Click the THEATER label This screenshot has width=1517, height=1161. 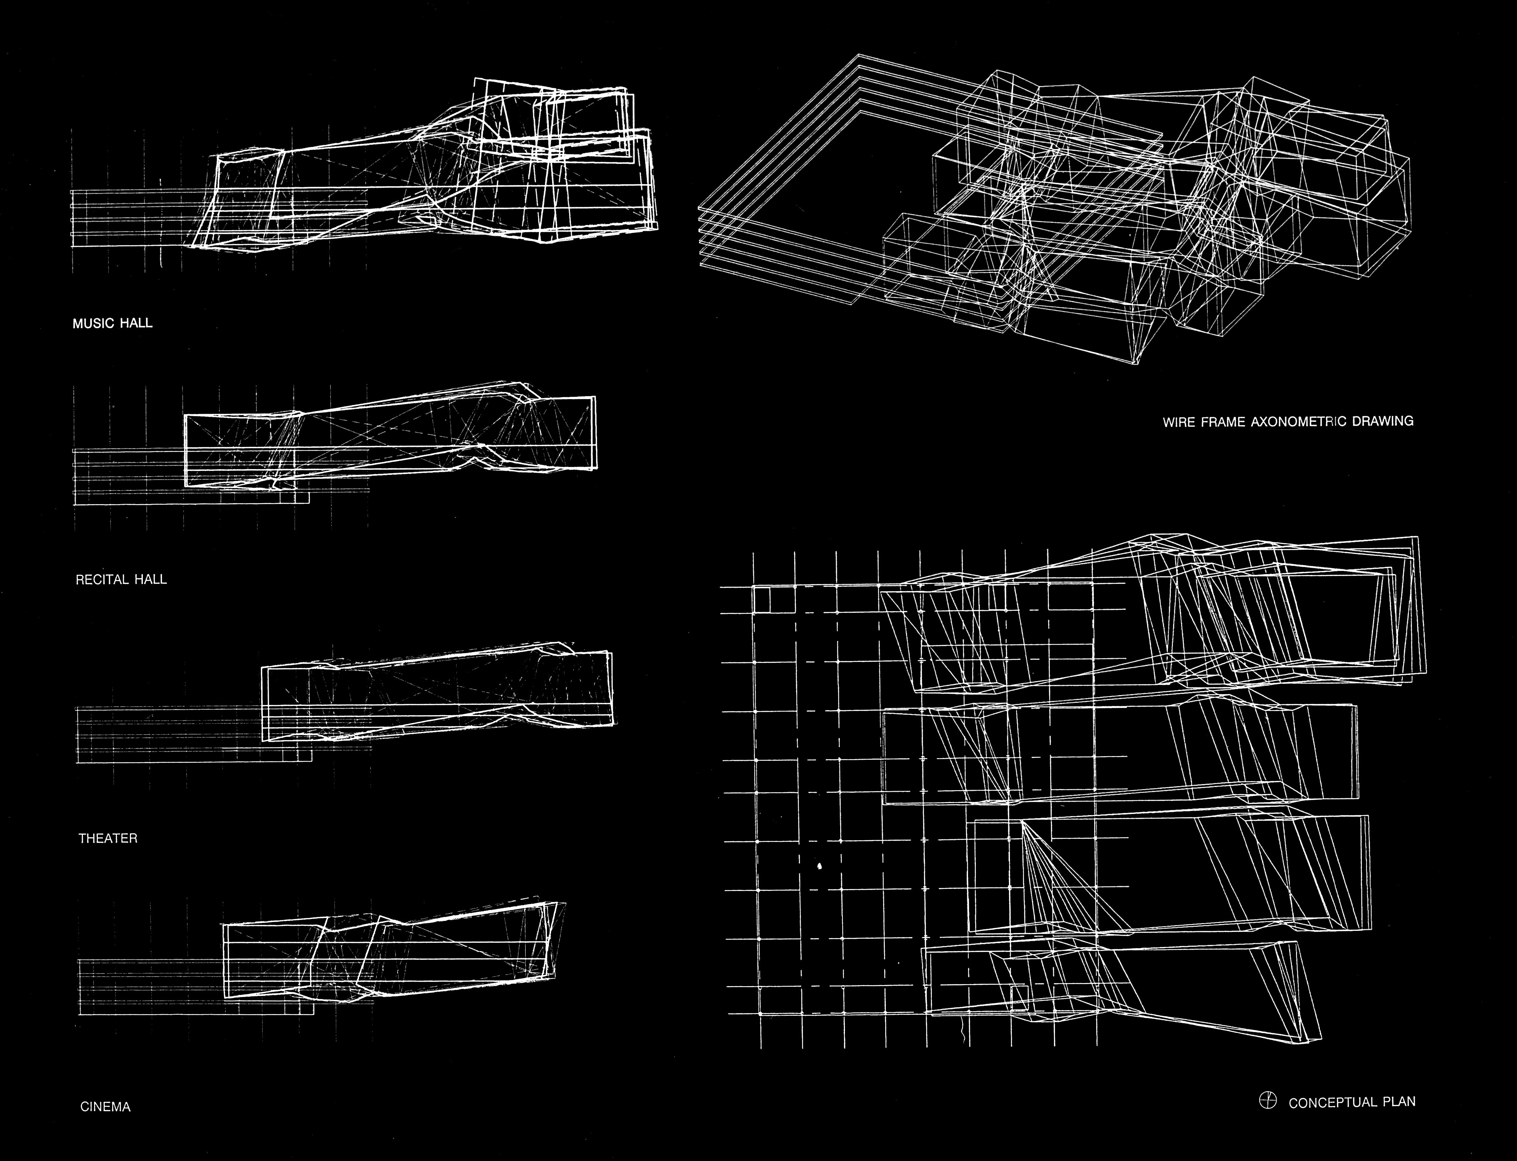coord(108,838)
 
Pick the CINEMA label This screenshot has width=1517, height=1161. coord(105,1106)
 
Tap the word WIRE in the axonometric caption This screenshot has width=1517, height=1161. coord(1178,422)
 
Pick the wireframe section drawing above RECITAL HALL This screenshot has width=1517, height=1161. coord(387,442)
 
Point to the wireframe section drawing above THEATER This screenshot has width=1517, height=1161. coord(435,698)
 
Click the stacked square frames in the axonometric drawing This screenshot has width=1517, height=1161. coord(795,207)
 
